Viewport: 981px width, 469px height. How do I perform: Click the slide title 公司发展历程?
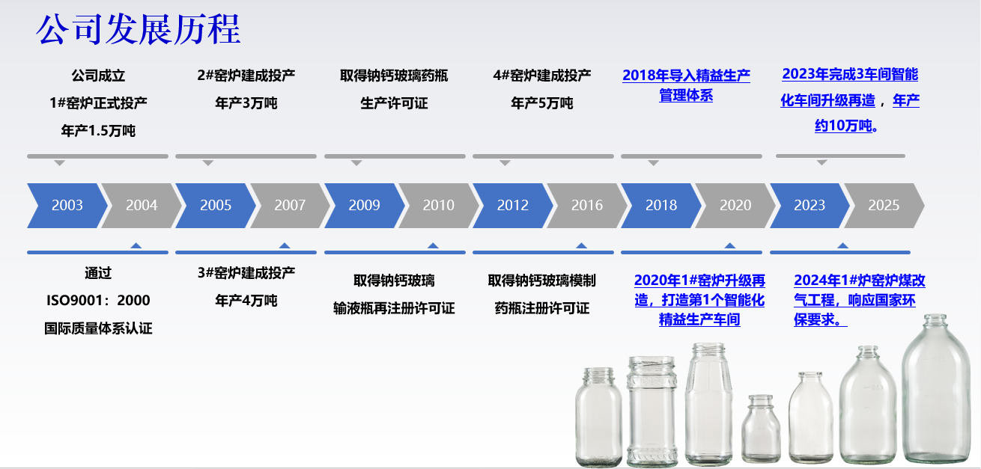click(x=139, y=30)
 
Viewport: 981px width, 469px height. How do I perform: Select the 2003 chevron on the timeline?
click(x=67, y=205)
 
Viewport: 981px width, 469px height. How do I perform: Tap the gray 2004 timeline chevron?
click(x=142, y=205)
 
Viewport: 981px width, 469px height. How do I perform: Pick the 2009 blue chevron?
click(x=365, y=205)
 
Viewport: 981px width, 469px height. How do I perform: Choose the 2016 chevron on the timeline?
click(x=587, y=205)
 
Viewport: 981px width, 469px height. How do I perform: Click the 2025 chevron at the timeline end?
click(x=884, y=205)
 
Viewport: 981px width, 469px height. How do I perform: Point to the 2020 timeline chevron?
click(x=735, y=205)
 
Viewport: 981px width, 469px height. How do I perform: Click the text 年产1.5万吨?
click(x=98, y=130)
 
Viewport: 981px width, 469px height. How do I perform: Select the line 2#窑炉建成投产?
click(x=246, y=76)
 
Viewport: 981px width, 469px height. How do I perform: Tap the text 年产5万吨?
click(x=542, y=103)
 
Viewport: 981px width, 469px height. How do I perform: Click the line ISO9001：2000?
click(x=98, y=301)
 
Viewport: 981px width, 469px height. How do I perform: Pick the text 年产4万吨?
click(x=246, y=301)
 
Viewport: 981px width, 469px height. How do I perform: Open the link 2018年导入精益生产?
click(x=686, y=76)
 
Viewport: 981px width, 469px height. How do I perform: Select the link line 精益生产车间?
click(x=699, y=319)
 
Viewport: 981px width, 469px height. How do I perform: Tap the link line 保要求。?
click(x=820, y=319)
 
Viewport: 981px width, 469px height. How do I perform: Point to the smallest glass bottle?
click(x=761, y=429)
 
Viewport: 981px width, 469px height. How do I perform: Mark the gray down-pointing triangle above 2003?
click(x=60, y=163)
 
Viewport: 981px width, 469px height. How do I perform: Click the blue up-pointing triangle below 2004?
click(x=136, y=245)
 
